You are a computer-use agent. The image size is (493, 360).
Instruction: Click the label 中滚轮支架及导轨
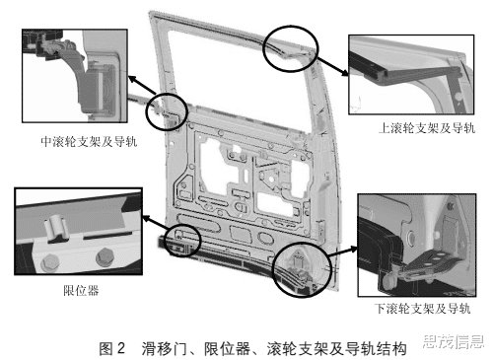click(x=89, y=141)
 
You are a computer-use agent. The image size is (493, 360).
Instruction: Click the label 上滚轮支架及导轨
click(x=427, y=128)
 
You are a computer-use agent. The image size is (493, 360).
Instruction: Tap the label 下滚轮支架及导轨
click(x=422, y=309)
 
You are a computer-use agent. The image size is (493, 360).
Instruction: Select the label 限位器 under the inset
click(x=81, y=290)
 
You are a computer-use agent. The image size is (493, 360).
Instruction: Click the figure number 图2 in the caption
click(x=112, y=348)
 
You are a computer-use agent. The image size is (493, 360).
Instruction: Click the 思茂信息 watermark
click(x=454, y=342)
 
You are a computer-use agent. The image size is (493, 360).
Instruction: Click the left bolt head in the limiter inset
click(x=50, y=263)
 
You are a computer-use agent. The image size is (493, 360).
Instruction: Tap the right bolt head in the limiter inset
click(x=106, y=257)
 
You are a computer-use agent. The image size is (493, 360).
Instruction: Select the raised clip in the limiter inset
click(x=56, y=228)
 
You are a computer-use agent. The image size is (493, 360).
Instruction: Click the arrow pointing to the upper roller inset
click(x=332, y=66)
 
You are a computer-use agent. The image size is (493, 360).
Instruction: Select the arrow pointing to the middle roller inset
click(x=142, y=85)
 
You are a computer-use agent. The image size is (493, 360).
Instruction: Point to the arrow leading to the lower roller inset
click(x=343, y=252)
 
